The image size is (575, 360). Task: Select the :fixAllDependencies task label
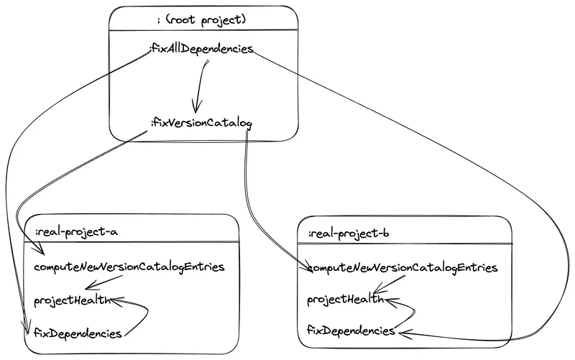201,50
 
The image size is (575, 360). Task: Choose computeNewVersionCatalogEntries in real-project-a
129,267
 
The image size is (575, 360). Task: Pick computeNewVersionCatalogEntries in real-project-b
402,267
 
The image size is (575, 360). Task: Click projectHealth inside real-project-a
72,300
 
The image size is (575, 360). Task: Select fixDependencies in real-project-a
78,332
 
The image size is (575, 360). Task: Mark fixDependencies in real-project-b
351,331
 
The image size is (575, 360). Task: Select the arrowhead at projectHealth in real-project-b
389,300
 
